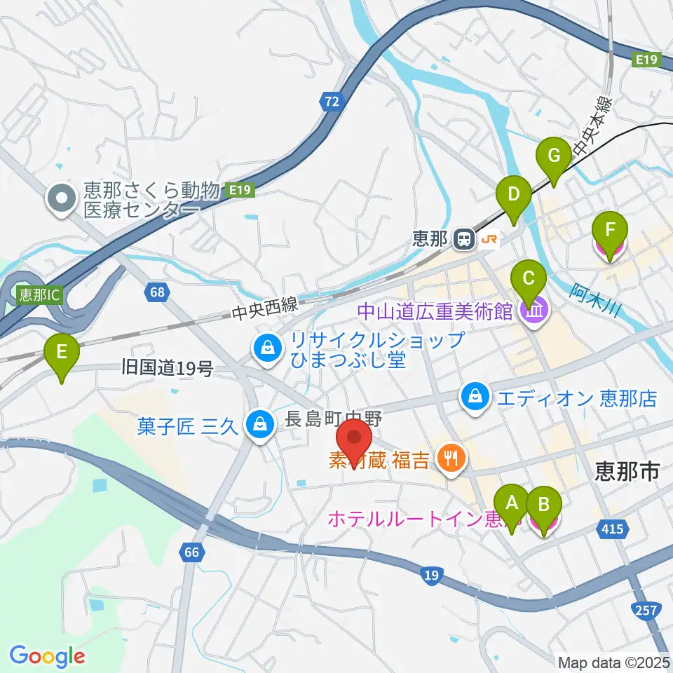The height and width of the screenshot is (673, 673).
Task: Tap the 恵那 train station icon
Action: (463, 239)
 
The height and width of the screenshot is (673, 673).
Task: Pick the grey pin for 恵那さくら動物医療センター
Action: (62, 198)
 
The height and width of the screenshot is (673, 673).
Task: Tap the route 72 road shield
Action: (332, 102)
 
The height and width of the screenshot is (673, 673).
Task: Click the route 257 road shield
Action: (644, 610)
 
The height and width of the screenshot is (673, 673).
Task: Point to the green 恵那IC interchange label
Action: (40, 295)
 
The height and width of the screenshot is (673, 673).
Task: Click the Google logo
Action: (47, 655)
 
